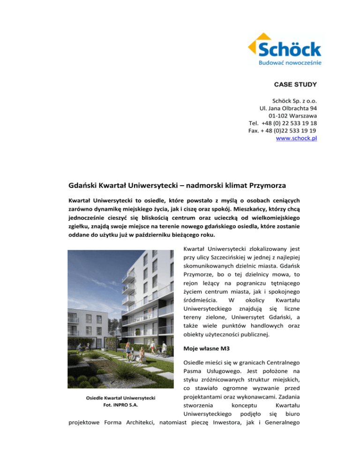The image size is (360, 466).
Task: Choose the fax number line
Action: point(282,131)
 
